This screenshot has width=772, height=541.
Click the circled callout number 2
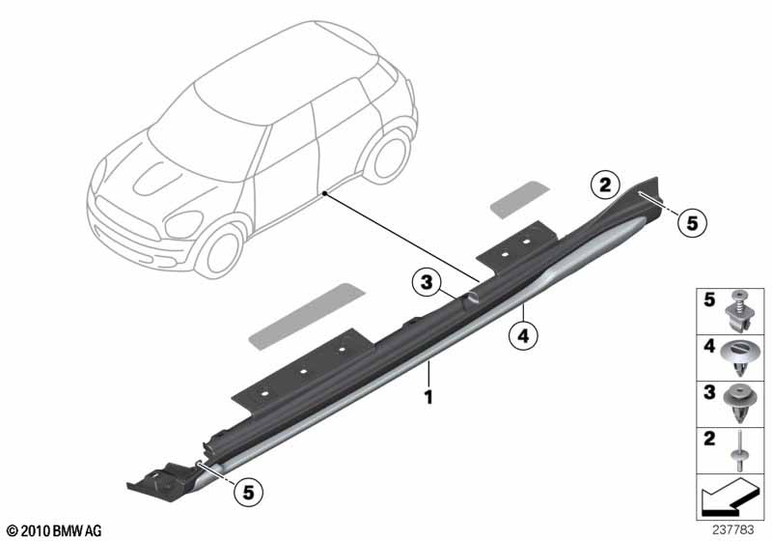[x=605, y=185]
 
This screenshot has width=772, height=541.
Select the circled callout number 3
[x=427, y=282]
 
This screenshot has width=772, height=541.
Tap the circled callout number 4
[x=523, y=336]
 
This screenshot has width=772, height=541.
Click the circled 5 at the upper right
[x=692, y=223]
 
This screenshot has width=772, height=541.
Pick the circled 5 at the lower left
[x=248, y=492]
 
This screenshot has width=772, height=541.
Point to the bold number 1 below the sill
[x=428, y=397]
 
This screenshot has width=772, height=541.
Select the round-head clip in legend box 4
[x=738, y=357]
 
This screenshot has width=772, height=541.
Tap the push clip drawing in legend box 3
[x=739, y=403]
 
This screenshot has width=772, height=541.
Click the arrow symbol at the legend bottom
[x=730, y=495]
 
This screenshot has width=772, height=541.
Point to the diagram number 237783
[x=732, y=529]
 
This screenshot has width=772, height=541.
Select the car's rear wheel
[x=391, y=156]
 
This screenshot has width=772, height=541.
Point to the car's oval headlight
[x=183, y=224]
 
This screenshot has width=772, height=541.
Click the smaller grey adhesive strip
[x=520, y=199]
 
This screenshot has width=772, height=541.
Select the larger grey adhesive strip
[x=307, y=316]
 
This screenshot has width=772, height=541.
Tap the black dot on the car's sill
[x=324, y=193]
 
